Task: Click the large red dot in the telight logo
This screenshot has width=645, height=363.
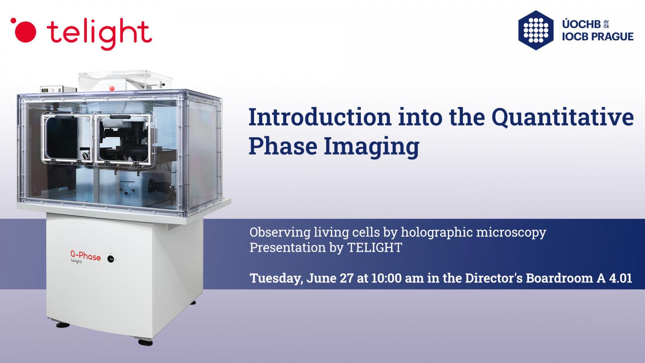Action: [25, 32]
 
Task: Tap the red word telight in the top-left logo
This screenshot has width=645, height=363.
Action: [99, 33]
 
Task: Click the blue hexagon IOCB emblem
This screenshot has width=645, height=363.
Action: [536, 30]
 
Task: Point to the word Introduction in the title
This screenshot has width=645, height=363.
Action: [320, 117]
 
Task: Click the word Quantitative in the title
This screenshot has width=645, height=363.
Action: [562, 118]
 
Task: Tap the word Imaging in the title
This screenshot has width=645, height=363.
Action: [371, 147]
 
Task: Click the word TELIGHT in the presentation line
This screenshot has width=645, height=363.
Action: [375, 248]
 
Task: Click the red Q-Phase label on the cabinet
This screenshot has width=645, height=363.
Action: [85, 256]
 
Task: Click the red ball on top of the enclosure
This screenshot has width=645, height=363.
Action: [112, 88]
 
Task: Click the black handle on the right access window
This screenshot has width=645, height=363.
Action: [120, 117]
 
